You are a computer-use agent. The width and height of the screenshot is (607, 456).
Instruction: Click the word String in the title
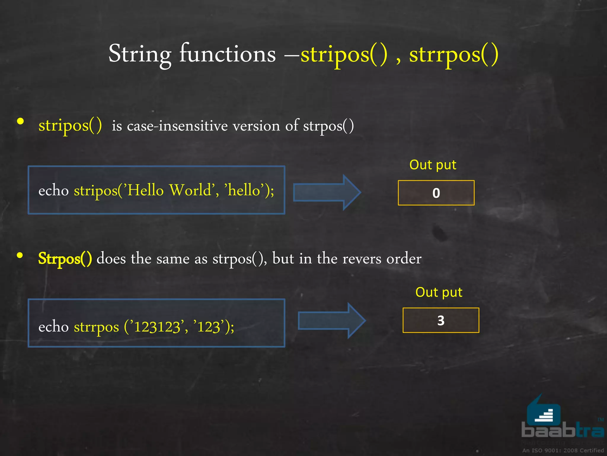(x=140, y=54)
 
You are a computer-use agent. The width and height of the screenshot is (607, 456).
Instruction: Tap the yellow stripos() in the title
(x=344, y=54)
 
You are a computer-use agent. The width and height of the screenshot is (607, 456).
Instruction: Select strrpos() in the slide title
(x=453, y=54)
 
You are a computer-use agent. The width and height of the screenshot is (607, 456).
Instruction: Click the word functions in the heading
(x=227, y=54)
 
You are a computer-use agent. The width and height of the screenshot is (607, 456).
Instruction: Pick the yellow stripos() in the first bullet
(x=70, y=125)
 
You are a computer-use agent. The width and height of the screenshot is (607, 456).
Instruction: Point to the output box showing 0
(x=436, y=193)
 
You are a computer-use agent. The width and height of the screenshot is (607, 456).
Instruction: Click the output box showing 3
(x=441, y=320)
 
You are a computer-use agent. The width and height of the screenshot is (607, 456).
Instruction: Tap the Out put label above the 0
(x=432, y=165)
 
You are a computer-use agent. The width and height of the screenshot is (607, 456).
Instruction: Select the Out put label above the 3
(x=439, y=292)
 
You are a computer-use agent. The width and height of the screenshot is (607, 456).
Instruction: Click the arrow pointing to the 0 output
(x=326, y=193)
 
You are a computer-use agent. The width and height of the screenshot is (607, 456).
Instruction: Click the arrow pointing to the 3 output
(x=331, y=321)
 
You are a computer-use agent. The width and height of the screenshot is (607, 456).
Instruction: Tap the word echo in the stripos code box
(x=53, y=190)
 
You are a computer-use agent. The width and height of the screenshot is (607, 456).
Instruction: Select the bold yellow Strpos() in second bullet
(x=65, y=259)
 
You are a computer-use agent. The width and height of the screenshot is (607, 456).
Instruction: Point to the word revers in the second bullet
(x=362, y=259)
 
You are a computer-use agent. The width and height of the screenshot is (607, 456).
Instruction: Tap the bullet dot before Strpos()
(x=20, y=255)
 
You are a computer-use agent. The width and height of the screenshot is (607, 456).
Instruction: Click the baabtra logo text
(x=562, y=430)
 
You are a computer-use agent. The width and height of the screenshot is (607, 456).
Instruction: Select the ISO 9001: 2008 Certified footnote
(x=563, y=450)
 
